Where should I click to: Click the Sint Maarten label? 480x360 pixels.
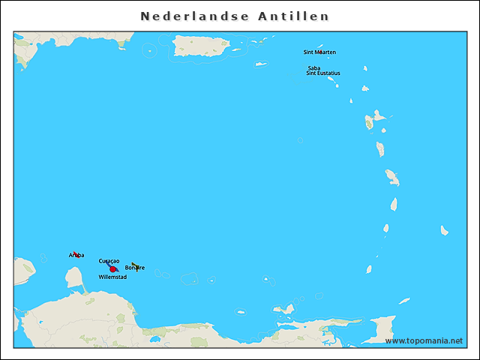(x=319, y=52)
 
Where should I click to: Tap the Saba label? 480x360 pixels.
(x=313, y=68)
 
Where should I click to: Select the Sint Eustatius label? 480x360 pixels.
(x=323, y=73)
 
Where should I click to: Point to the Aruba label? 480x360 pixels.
(x=76, y=255)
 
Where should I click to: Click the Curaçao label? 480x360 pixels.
(x=109, y=260)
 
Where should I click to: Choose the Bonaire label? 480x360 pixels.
(x=135, y=268)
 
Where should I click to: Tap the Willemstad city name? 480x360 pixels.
(x=112, y=277)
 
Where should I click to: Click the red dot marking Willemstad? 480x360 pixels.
(x=112, y=269)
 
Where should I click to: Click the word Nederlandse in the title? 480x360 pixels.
(x=188, y=16)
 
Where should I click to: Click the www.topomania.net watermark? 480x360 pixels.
(x=424, y=340)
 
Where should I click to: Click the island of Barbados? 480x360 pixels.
(x=445, y=230)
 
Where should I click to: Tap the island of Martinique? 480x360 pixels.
(x=392, y=178)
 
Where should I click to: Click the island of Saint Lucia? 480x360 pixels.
(x=394, y=204)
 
